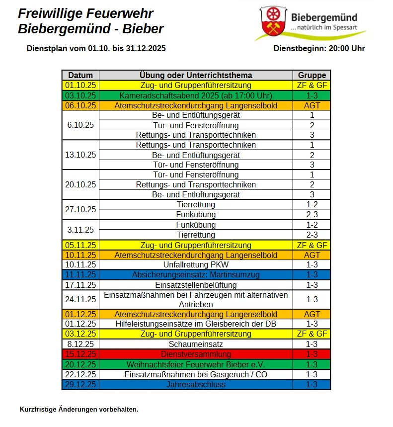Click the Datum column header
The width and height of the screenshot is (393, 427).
(80, 76)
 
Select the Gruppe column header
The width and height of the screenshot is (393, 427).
(312, 76)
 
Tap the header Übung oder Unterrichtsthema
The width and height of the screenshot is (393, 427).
(196, 76)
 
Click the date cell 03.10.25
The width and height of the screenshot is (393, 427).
(80, 95)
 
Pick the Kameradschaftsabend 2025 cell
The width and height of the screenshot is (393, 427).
(196, 95)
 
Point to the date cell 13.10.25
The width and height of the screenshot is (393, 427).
(80, 155)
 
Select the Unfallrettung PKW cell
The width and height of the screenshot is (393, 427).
(196, 265)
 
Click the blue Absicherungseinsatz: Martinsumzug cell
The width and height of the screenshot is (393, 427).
(196, 275)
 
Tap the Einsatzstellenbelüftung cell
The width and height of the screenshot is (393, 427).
(196, 285)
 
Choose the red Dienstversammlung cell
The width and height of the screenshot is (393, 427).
(196, 354)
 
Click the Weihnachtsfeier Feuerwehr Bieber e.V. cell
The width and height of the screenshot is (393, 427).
(196, 364)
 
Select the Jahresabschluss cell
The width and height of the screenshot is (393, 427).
(196, 384)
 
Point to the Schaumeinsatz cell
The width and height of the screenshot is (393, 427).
(196, 344)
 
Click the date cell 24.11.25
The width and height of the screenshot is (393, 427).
(80, 299)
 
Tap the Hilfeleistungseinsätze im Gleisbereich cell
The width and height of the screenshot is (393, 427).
(196, 324)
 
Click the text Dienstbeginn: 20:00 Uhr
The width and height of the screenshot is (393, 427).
(319, 49)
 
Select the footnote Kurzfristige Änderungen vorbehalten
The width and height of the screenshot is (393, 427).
(79, 410)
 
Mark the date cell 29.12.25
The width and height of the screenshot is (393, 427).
(80, 384)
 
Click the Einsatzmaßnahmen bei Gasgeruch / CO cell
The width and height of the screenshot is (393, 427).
(196, 374)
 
